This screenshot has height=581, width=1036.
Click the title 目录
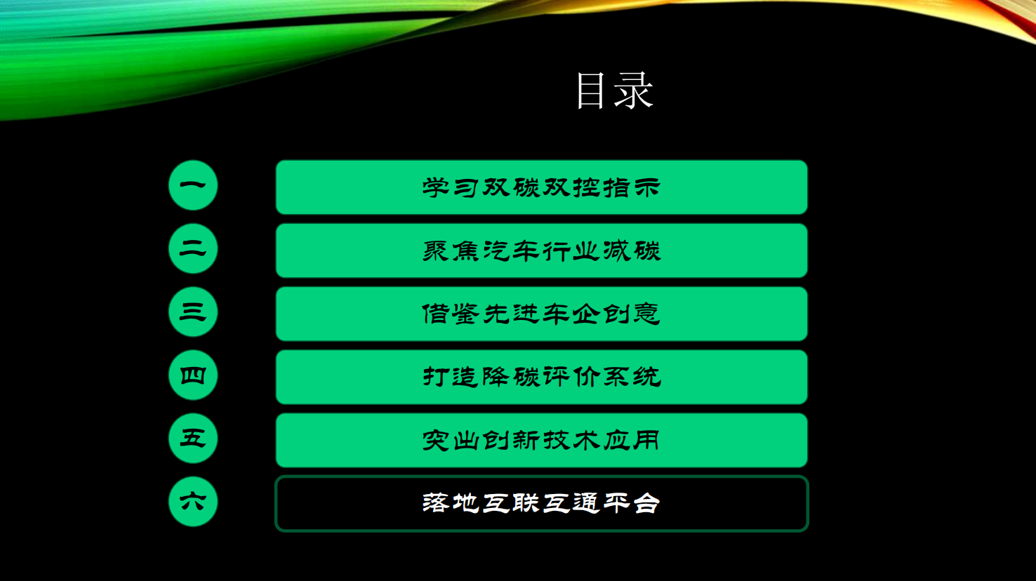coord(615,91)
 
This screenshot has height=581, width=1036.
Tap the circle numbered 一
coord(193,185)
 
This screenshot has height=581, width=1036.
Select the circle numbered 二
coord(193,248)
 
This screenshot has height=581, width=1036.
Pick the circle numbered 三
coord(193,312)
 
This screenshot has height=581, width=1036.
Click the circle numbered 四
coord(193,375)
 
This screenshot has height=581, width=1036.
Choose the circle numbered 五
coord(193,438)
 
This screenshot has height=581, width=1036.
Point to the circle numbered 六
coord(193,502)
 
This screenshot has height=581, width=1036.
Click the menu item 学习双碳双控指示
coord(542,187)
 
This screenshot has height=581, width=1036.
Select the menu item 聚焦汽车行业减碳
coord(542,251)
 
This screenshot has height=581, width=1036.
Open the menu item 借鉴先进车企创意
coord(542,314)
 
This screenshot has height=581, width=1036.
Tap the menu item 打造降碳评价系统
coord(542,378)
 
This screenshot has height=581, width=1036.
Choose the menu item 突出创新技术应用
coord(542,441)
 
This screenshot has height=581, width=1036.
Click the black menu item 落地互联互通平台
coord(542,504)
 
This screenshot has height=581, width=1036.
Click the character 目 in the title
coord(590,91)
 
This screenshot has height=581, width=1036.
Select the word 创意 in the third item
coord(632,314)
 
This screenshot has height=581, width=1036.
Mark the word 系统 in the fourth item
coord(632,378)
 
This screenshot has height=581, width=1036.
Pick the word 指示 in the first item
coord(632,187)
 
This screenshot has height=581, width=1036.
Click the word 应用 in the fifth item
coord(632,441)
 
